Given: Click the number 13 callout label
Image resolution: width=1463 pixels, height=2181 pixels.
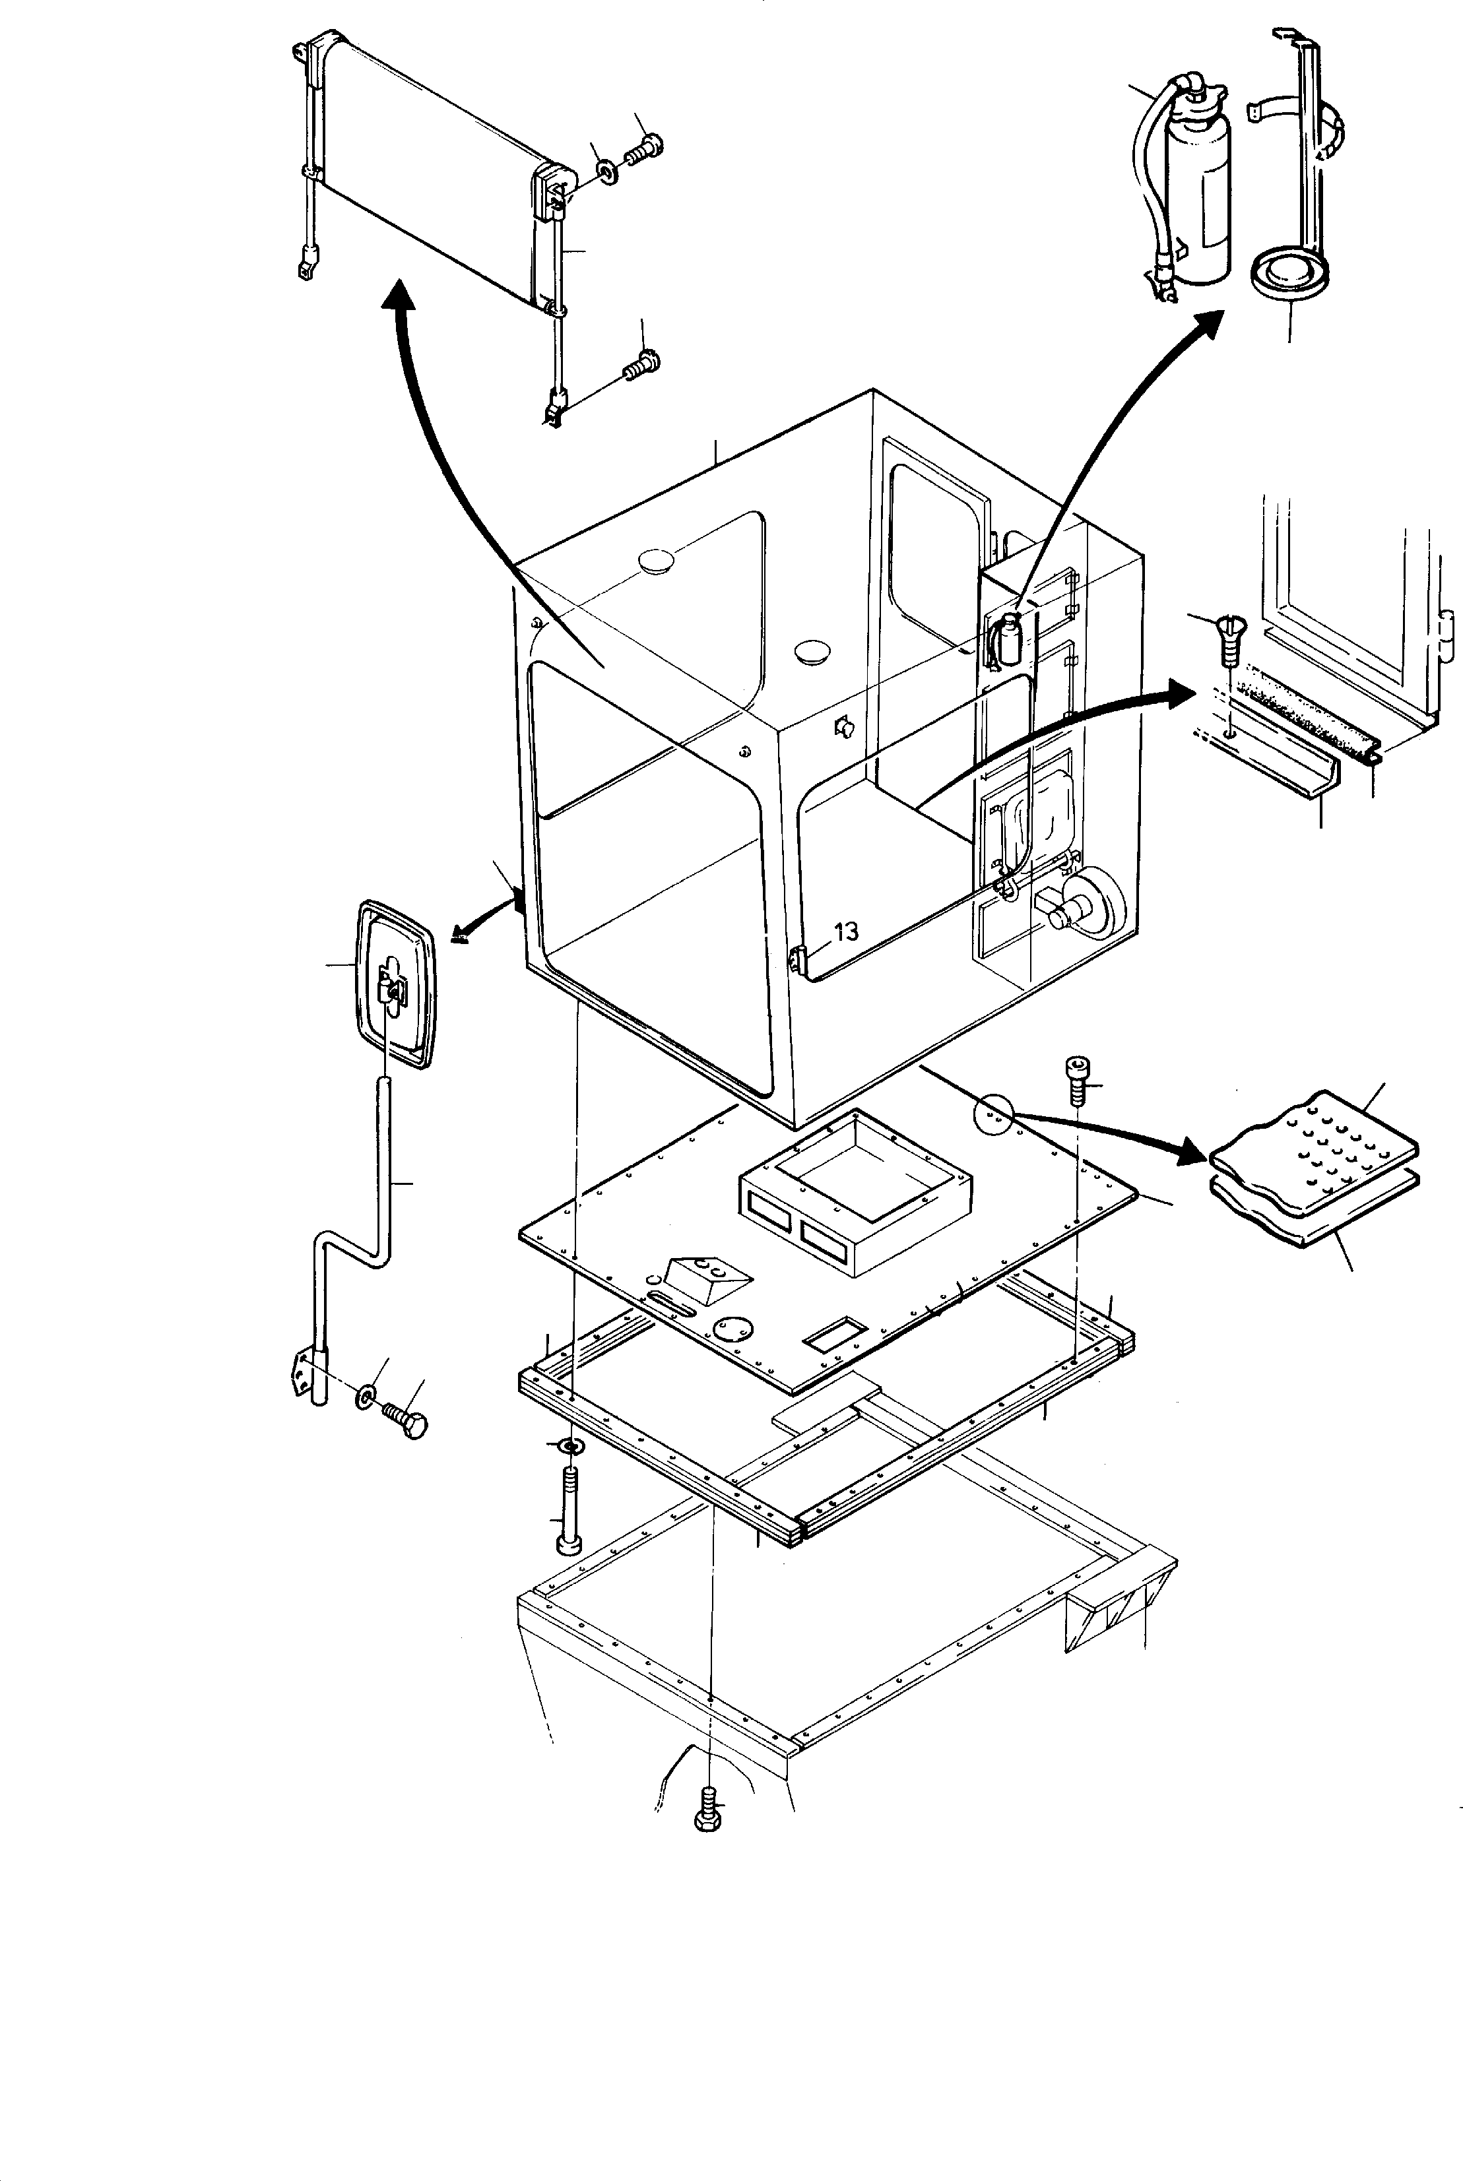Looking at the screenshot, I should click(845, 932).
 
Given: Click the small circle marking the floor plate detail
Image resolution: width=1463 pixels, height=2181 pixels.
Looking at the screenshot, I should click(992, 1114).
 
